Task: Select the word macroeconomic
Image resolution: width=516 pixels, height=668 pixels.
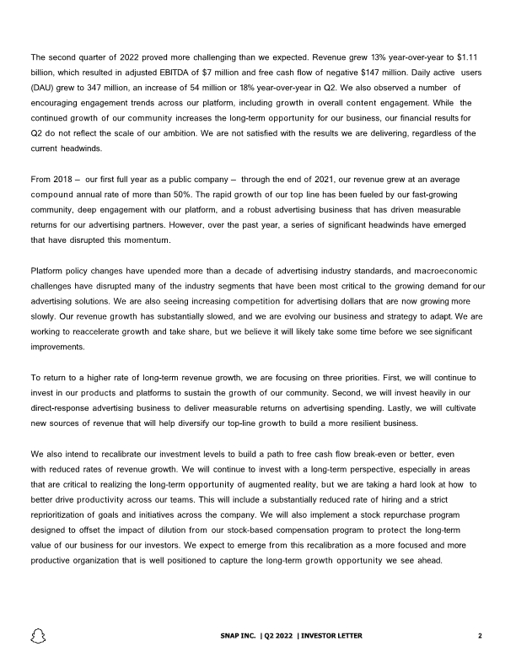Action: pos(436,271)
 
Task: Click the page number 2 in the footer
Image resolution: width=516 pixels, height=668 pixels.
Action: pos(479,635)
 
